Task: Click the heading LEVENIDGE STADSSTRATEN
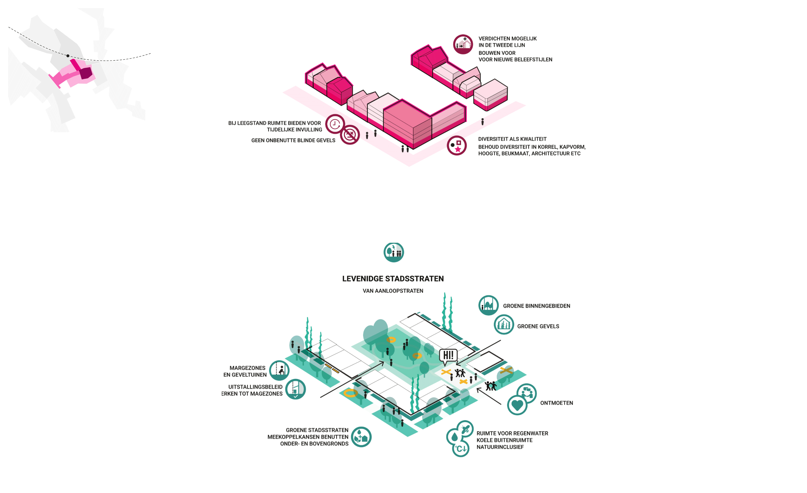393,279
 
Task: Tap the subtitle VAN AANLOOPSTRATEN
393,291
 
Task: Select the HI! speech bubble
448,356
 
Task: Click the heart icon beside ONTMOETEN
517,405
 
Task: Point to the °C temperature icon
461,448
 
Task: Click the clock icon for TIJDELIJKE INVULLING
335,124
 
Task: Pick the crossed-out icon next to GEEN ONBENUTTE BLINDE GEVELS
350,134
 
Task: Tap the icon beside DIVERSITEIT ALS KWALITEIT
457,146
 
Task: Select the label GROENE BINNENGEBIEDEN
536,306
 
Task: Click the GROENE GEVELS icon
504,324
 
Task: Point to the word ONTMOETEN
556,403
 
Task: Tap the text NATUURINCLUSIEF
500,447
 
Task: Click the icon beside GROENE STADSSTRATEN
361,437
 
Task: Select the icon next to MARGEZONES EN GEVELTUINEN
279,370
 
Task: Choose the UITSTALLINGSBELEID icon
295,389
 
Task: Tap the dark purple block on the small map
86,73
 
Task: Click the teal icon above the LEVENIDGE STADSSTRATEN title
394,252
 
